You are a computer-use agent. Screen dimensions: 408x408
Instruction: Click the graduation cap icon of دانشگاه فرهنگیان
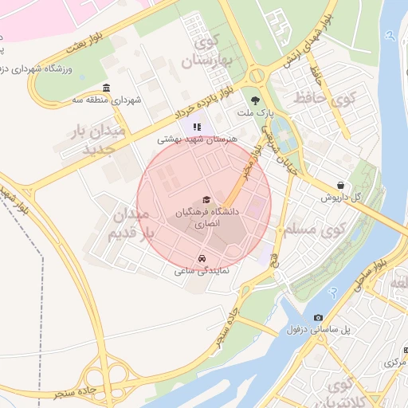coord(206,199)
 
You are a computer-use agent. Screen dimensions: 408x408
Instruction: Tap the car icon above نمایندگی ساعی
coord(202,259)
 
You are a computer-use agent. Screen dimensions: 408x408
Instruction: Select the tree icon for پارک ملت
coord(255,100)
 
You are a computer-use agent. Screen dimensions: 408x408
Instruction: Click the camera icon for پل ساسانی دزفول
coord(319,318)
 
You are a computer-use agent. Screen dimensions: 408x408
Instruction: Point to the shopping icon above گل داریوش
coord(341,185)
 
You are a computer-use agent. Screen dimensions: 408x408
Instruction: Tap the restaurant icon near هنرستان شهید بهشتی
coord(197,126)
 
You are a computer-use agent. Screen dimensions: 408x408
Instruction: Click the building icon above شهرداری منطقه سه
coord(107,88)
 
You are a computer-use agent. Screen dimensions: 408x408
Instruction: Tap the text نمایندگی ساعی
coord(202,271)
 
